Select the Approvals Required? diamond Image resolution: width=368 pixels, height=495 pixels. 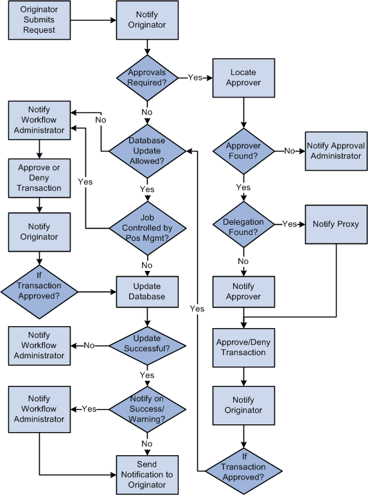(148, 78)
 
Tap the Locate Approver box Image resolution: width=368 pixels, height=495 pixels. (243, 78)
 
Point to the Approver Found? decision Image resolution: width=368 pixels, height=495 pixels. (243, 151)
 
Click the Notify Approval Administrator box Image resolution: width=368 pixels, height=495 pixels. (335, 151)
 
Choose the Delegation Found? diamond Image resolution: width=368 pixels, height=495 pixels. (243, 224)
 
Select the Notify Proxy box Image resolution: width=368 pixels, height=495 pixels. (335, 224)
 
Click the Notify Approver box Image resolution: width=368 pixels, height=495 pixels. (243, 291)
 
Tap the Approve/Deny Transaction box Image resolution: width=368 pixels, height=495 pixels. (243, 347)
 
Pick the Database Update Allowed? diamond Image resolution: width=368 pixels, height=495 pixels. (148, 151)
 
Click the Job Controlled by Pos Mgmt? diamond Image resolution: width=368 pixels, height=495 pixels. (148, 228)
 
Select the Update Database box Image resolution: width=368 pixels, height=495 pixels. (148, 291)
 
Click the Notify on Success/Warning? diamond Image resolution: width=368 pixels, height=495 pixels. (148, 409)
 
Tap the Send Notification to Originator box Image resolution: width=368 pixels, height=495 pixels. (148, 476)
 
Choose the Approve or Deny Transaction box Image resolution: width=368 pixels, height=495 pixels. (39, 178)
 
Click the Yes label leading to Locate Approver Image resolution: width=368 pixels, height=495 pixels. (195, 78)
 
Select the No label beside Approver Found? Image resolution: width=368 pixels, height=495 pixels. (290, 151)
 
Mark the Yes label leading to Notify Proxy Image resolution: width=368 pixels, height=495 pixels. (290, 224)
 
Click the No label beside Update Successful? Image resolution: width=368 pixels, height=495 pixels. (89, 345)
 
